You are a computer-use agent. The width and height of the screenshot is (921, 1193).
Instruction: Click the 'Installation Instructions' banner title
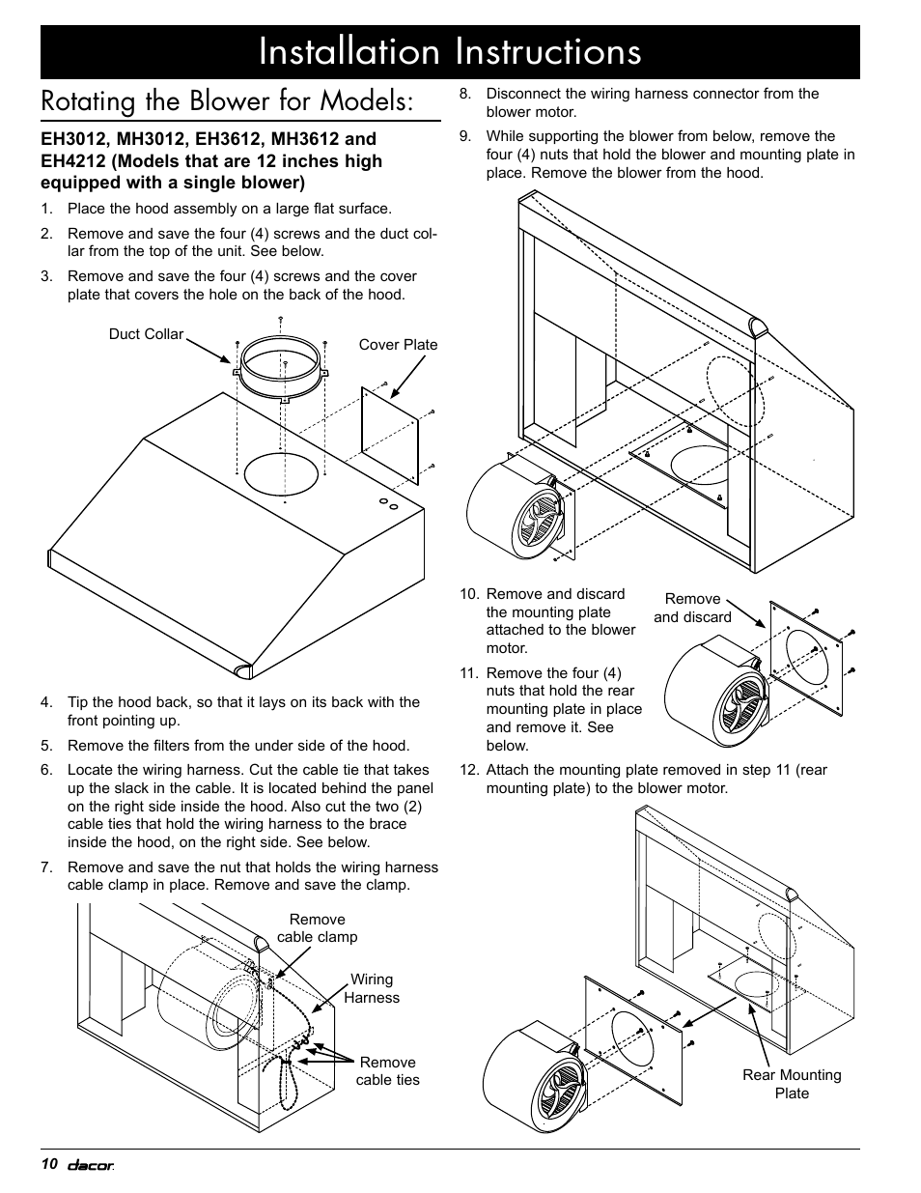(450, 51)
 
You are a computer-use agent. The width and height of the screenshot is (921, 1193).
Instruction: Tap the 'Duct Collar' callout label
(146, 334)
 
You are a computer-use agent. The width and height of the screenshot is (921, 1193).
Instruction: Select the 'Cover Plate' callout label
(398, 345)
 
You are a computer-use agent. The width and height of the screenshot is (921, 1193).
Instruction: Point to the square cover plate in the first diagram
(390, 435)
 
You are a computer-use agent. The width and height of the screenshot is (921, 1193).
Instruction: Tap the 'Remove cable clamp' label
(317, 928)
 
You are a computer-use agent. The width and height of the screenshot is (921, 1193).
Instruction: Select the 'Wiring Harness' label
(372, 988)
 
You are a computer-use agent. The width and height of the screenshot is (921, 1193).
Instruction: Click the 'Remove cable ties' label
(387, 1070)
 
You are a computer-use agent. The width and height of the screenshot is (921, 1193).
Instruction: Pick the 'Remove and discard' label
(692, 608)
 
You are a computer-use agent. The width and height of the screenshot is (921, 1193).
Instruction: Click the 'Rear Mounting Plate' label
(792, 1084)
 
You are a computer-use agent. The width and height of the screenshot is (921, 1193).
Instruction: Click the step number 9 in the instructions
(465, 136)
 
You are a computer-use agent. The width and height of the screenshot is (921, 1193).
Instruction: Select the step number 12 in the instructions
(468, 770)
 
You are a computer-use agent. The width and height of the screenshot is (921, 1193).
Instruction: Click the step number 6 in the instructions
(45, 770)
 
